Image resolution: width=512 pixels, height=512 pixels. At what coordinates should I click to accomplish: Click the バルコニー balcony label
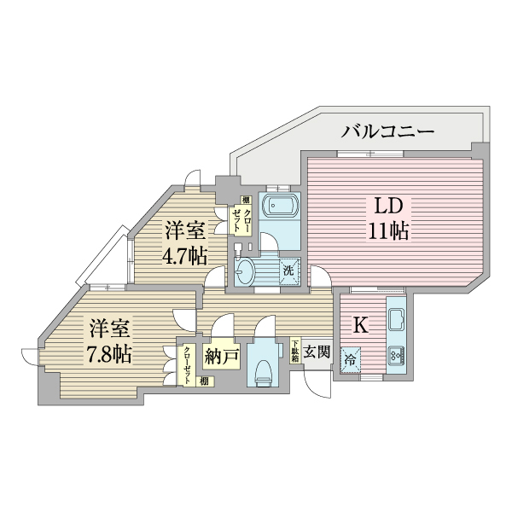388,131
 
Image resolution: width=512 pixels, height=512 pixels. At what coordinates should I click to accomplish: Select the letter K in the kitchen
360,324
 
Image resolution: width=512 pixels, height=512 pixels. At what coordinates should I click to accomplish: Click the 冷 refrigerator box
351,361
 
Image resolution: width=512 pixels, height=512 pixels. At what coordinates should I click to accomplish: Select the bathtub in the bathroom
279,207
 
